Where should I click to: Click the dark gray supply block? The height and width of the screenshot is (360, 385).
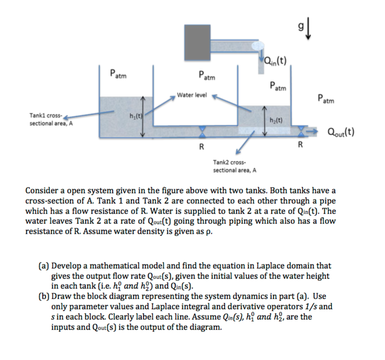coord(197,43)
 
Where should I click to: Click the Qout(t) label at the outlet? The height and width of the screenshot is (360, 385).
coord(341,132)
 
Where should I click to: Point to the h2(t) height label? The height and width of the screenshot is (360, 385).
coord(276,120)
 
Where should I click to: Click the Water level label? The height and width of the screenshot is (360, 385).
coord(192,95)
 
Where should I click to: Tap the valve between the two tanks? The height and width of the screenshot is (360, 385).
coord(202,132)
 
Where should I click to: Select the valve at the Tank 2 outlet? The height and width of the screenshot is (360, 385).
coord(301,132)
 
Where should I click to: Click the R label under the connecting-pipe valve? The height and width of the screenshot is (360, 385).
coord(201,146)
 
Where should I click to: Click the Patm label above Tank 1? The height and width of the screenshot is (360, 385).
coord(118,74)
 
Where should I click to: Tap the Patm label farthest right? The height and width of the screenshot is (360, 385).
coord(326,99)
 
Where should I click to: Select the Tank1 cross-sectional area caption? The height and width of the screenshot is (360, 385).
coord(51,120)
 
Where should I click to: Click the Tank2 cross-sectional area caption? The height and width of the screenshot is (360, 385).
coord(235,166)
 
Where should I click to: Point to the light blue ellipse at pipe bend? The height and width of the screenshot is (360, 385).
coord(258,46)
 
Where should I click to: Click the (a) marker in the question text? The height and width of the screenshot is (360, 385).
coord(44,266)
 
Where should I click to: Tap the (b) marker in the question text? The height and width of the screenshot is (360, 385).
coord(44,296)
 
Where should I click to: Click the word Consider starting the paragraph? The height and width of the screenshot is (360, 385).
coord(42,191)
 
